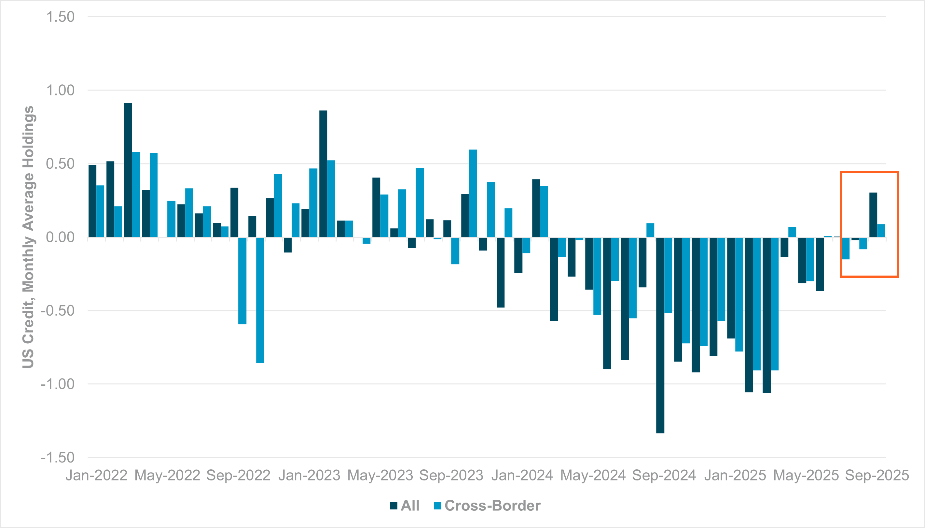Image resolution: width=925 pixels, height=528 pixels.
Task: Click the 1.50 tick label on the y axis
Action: pos(60,17)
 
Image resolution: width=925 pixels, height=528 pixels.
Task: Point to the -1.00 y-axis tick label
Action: pos(58,384)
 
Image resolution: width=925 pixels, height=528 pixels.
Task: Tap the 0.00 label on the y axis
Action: pos(60,237)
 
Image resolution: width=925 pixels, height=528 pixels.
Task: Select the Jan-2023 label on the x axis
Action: pos(309,475)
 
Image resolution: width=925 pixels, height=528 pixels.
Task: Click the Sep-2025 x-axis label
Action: pos(877,475)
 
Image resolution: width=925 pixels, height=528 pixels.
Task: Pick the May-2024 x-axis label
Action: pos(593,475)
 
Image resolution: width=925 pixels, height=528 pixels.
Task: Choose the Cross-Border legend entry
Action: pos(487,506)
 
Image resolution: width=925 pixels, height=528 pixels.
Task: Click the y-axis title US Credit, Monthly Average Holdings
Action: pos(28,237)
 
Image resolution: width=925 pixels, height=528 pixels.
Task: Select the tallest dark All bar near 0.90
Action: pos(128,170)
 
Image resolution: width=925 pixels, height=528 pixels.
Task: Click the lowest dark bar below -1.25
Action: pos(660,335)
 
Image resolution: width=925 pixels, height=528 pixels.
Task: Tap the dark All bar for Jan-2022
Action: pos(92,201)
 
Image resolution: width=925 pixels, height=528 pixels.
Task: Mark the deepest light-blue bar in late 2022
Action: pos(260,300)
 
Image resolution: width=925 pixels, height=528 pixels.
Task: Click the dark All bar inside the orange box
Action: pos(873,215)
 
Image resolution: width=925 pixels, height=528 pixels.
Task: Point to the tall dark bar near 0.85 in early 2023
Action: pos(323,174)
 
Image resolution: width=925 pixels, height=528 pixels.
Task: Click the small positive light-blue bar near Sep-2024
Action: pos(650,230)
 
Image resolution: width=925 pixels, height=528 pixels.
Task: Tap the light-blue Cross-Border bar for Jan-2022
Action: pos(100,211)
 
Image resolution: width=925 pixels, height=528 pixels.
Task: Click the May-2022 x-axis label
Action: pos(167,475)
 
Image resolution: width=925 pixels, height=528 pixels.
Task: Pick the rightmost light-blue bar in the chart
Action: pos(881,231)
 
